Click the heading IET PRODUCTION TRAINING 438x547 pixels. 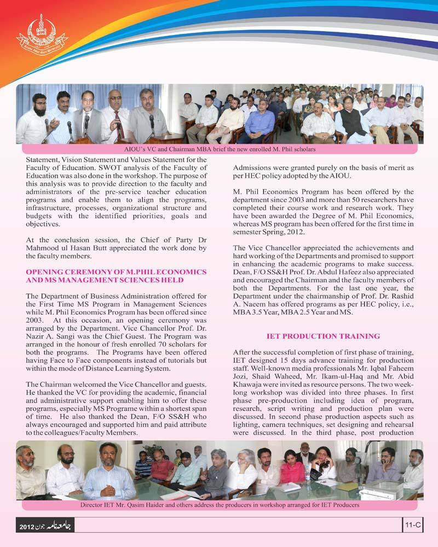pos(323,335)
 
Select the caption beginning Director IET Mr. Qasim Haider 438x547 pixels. pos(219,505)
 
